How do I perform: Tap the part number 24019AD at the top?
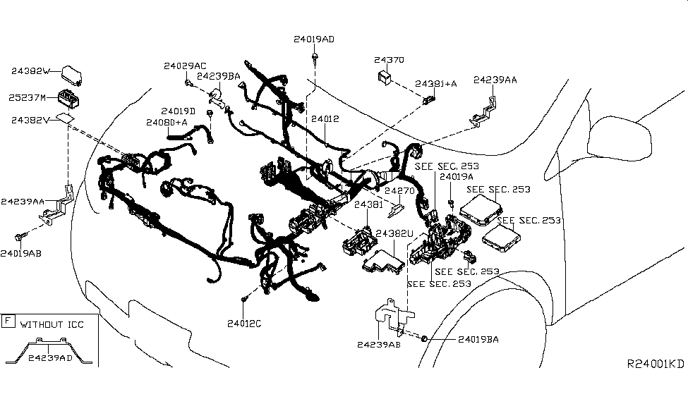click(x=314, y=39)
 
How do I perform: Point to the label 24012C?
click(x=244, y=324)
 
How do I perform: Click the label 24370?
click(x=389, y=60)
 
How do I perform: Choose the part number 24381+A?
click(x=435, y=83)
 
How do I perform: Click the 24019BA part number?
click(x=478, y=339)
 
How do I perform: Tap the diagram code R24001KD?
click(x=656, y=364)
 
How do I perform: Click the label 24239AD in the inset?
click(x=51, y=357)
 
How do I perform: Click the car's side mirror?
click(x=617, y=141)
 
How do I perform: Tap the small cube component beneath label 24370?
click(x=385, y=76)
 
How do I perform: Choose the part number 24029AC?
click(x=186, y=66)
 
